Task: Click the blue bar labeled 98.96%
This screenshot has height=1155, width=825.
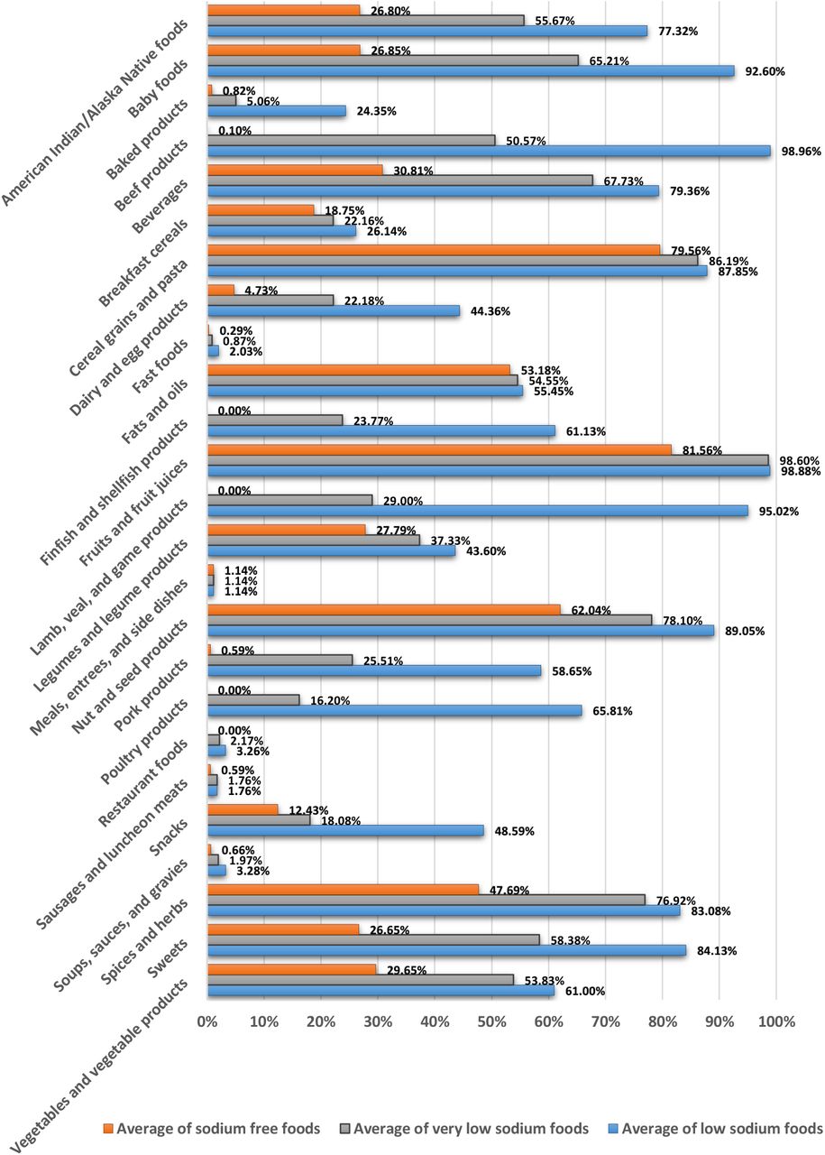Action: (489, 151)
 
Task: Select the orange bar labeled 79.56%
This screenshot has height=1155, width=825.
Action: (434, 250)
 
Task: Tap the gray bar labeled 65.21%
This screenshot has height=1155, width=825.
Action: (393, 60)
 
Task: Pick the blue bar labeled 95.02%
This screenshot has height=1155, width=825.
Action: (478, 511)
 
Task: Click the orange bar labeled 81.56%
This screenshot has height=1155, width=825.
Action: (440, 449)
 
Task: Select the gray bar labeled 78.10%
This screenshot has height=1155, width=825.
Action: (430, 620)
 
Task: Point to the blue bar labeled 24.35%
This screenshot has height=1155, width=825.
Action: (277, 111)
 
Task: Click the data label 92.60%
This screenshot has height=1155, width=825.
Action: (765, 71)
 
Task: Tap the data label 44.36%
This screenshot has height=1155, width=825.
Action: (490, 311)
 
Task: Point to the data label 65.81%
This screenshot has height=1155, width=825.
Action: (612, 710)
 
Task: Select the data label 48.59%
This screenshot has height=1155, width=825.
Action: (514, 831)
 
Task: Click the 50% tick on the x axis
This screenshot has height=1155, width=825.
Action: (491, 1021)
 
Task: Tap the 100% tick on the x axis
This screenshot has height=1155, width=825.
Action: (776, 1021)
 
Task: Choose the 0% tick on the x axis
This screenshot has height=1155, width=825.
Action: (207, 1021)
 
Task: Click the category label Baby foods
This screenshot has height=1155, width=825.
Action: (158, 88)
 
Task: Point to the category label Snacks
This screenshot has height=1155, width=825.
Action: (168, 836)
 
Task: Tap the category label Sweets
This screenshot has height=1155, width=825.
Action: (168, 958)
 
